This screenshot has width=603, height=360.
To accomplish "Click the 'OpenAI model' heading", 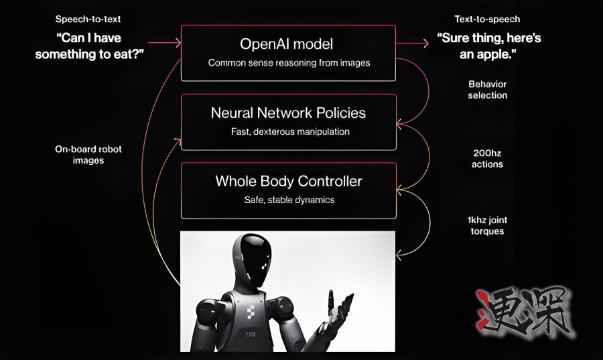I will (288, 44).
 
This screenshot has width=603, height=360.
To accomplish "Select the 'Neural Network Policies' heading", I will (288, 113).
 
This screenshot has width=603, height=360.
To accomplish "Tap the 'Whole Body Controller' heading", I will (288, 181).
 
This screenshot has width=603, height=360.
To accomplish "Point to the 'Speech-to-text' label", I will (87, 19).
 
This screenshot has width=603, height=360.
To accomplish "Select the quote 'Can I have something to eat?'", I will (88, 46).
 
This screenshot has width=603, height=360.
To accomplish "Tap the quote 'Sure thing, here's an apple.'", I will (490, 46).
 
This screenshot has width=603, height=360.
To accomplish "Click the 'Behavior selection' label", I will (488, 90).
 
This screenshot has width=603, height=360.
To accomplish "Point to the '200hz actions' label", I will (488, 158).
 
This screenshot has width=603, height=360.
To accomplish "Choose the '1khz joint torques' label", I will (488, 226).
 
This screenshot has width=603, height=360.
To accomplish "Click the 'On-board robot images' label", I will (88, 155).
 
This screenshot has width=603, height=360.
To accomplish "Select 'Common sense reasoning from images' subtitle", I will (288, 63).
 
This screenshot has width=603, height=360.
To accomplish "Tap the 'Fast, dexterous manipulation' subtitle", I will (288, 131).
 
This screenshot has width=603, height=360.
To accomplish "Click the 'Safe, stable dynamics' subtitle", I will (288, 200).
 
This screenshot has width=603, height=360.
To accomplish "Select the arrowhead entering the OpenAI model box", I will (178, 43).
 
